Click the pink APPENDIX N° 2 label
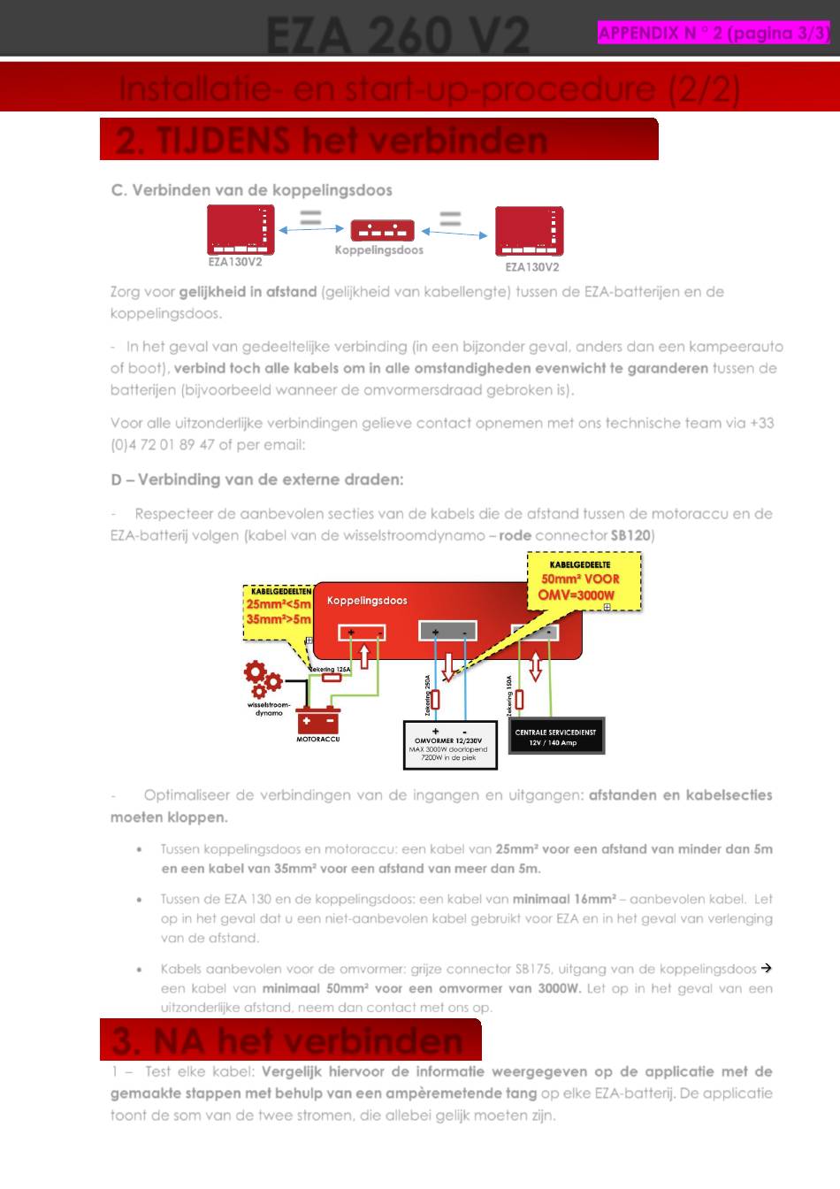pos(714,34)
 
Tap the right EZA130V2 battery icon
pos(529,232)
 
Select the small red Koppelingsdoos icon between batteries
pos(382,230)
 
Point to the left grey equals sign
pos(310,218)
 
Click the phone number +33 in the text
pos(761,423)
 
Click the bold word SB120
pos(630,535)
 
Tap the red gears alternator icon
pos(262,679)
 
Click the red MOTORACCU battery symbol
pos(317,721)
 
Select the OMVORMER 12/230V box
pos(449,744)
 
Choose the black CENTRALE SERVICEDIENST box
pos(555,736)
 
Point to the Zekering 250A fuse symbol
pos(434,699)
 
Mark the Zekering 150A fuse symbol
pos(518,699)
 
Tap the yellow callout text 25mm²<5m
pos(278,605)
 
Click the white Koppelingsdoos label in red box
pos(367,601)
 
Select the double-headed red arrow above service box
pos(535,666)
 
